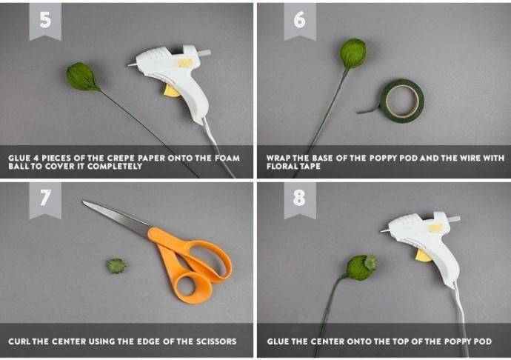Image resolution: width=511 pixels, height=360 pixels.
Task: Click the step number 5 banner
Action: tap(45, 21)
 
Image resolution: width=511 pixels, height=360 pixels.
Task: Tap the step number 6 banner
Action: tap(300, 21)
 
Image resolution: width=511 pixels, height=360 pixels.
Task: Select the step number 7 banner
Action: tap(45, 200)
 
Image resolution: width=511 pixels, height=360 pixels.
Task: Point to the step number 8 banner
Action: tap(300, 200)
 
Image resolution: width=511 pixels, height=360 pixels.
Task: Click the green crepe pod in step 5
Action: tap(82, 77)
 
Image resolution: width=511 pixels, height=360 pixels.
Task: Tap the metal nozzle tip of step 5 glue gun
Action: tap(132, 64)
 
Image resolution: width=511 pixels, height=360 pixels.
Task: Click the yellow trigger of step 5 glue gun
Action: tap(172, 91)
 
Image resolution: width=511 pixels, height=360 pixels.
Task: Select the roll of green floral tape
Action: tap(402, 101)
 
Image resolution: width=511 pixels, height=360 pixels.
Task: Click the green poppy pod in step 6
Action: tap(353, 53)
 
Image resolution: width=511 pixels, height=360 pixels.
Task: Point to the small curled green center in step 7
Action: tap(116, 266)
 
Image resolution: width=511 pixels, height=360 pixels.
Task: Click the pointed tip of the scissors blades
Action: tap(84, 201)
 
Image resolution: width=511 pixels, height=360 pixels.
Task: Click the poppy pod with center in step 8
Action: tap(361, 267)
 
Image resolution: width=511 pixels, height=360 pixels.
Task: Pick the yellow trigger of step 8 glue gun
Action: tap(424, 256)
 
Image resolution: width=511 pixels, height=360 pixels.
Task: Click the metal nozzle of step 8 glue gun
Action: tap(384, 230)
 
